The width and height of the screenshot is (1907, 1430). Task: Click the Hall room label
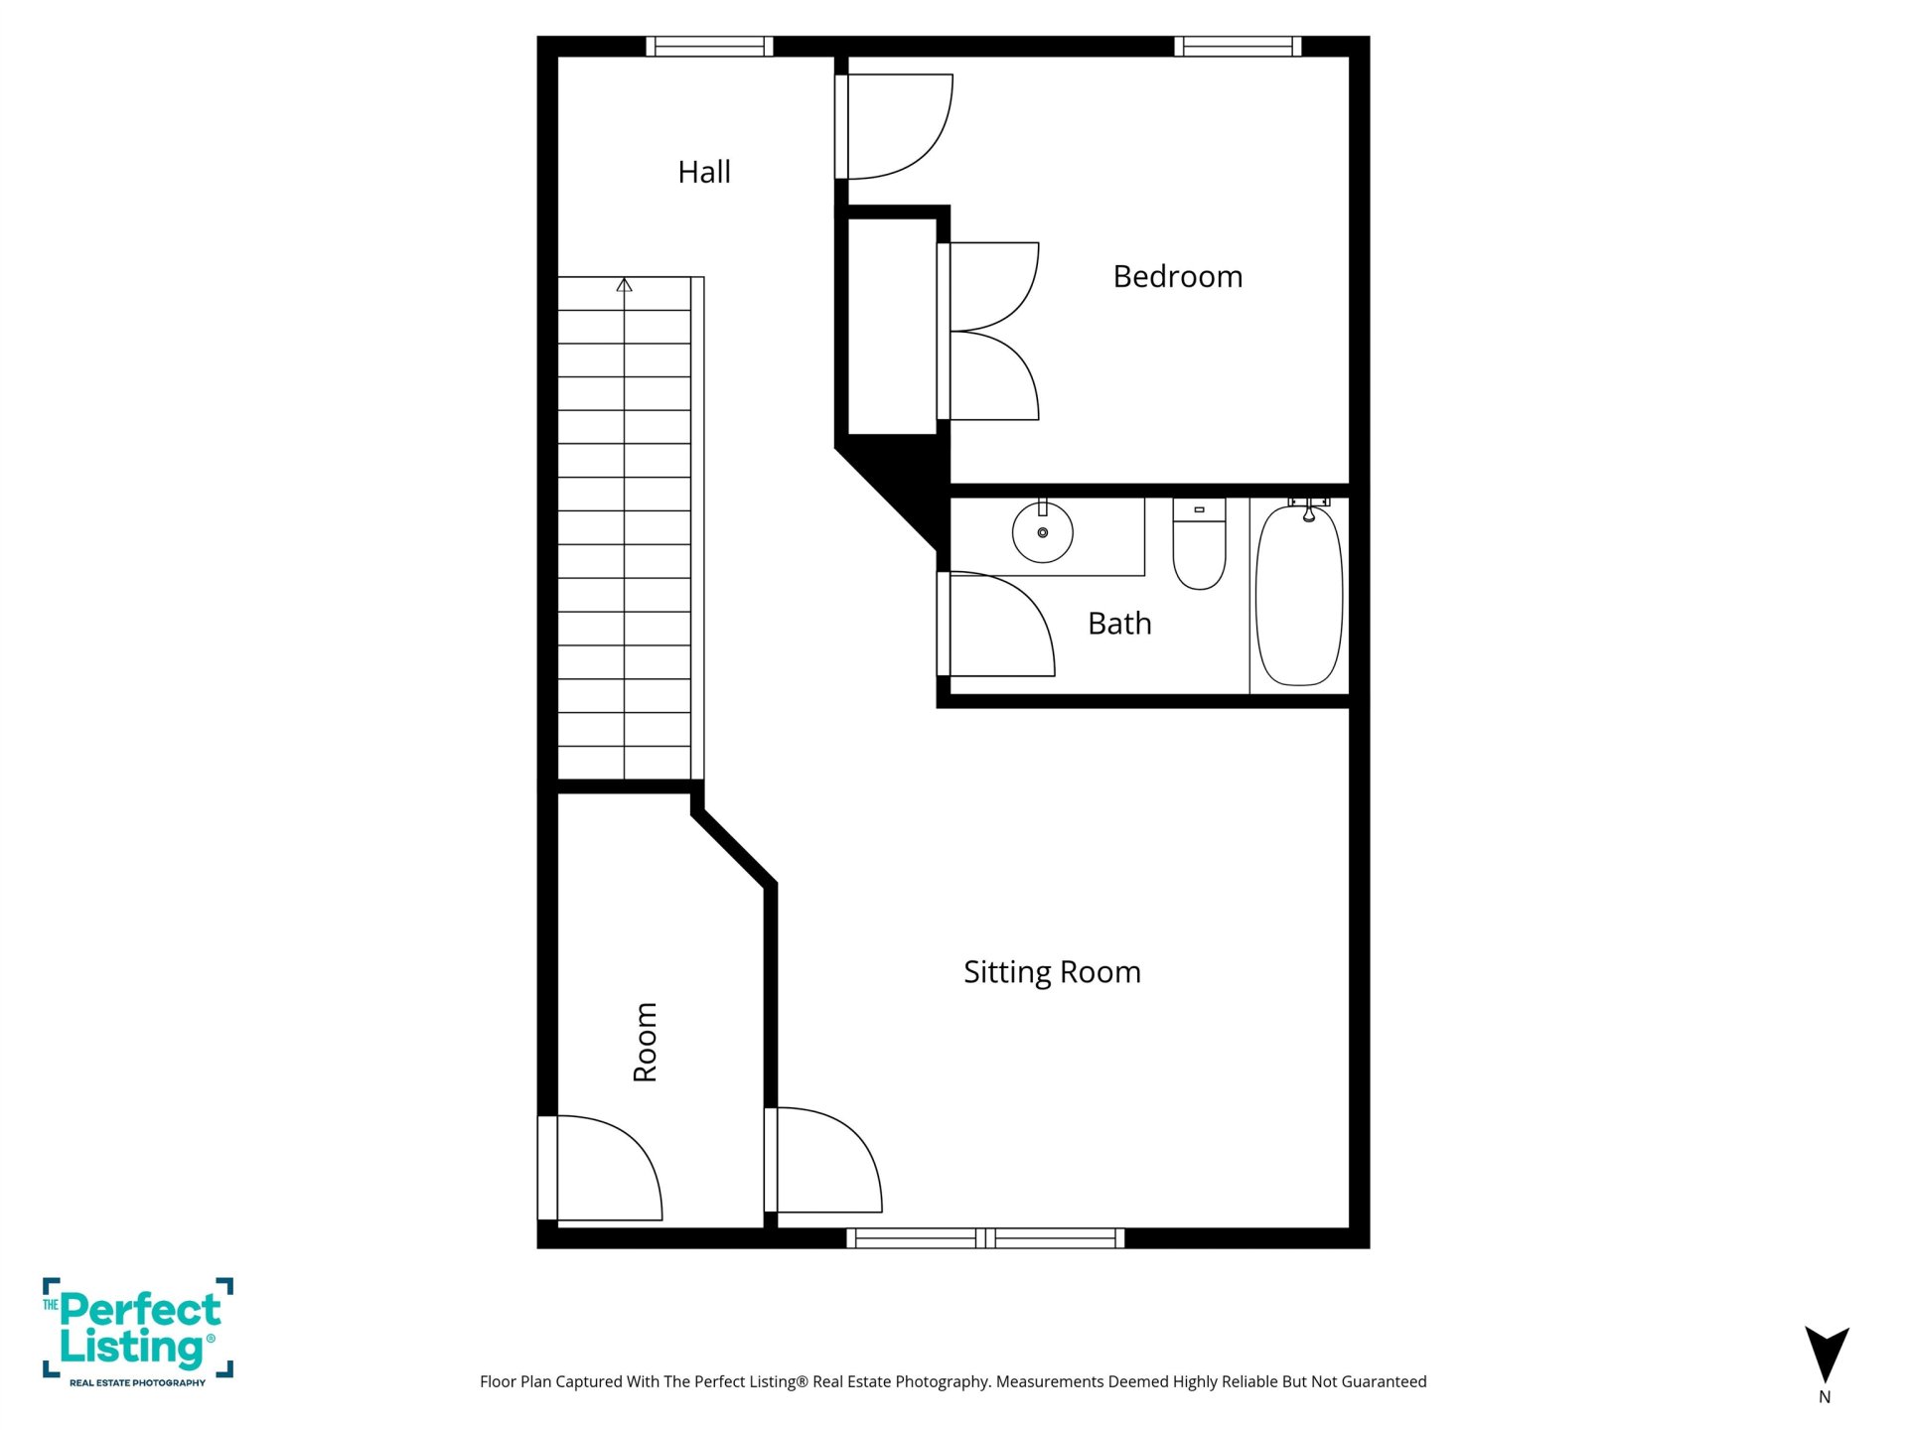click(x=704, y=172)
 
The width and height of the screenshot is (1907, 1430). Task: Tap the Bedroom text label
click(x=1178, y=276)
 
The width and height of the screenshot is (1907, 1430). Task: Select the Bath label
click(x=1119, y=624)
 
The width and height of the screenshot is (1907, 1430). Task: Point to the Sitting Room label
click(x=1052, y=972)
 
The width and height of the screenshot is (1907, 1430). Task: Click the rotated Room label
click(x=646, y=1042)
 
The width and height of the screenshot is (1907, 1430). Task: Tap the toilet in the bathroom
click(x=1199, y=544)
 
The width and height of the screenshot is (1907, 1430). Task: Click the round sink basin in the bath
click(x=1043, y=532)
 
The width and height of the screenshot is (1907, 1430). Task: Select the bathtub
click(x=1299, y=595)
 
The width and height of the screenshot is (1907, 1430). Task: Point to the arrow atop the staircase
click(x=624, y=285)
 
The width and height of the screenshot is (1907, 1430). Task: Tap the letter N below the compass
click(x=1825, y=1397)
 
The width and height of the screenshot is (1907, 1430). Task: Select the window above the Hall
click(x=709, y=47)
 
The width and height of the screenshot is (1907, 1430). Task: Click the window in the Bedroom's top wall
click(x=1238, y=47)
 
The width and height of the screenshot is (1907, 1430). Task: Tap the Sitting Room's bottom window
click(x=985, y=1238)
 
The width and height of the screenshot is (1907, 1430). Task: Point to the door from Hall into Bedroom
click(x=894, y=126)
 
